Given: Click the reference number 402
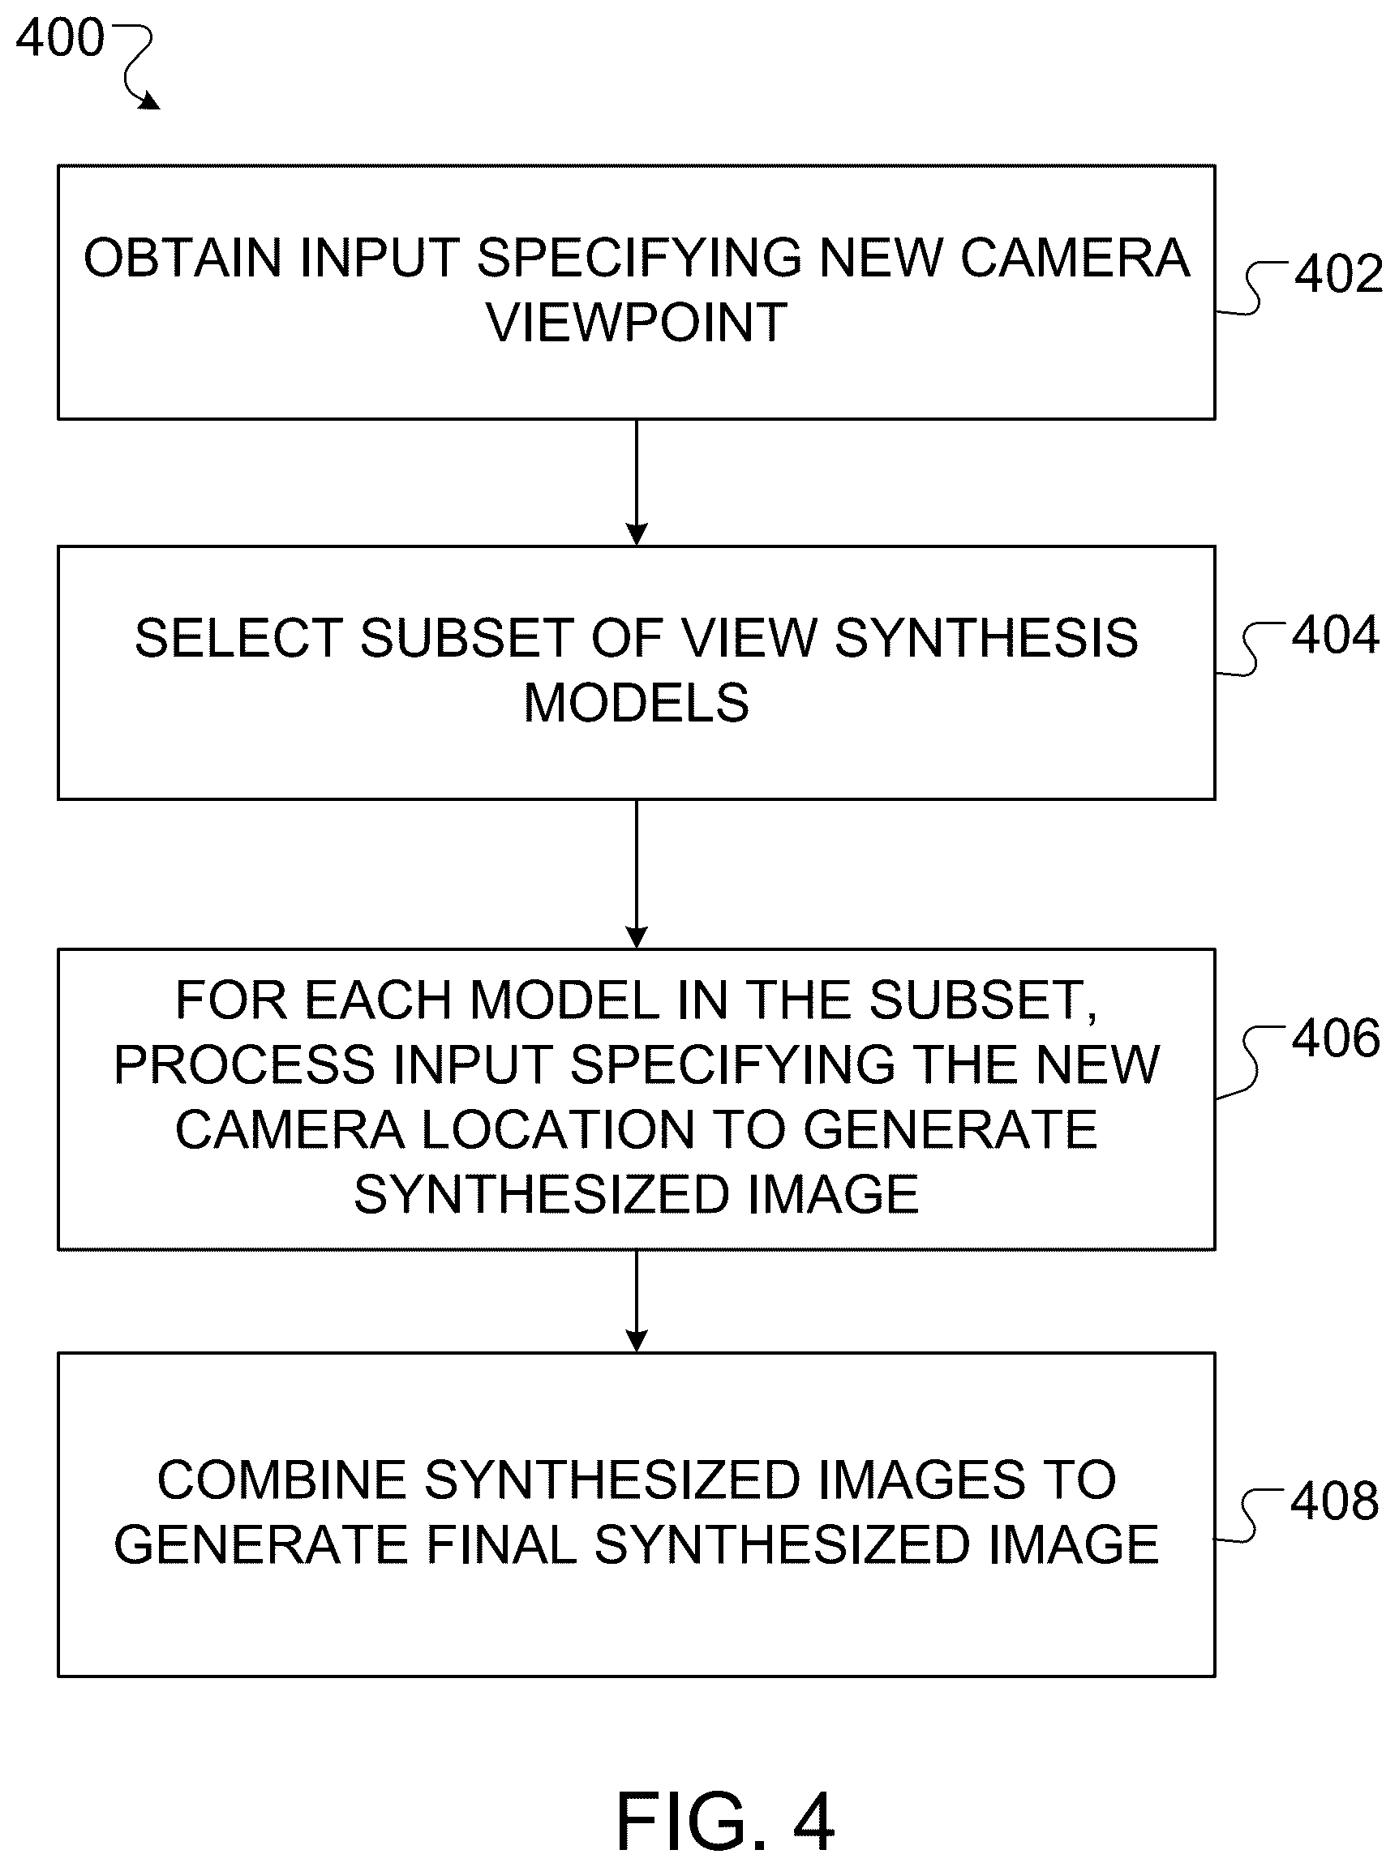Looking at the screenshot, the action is click(x=1338, y=274).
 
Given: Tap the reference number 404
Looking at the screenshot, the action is click(x=1335, y=635).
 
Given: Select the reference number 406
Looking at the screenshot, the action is click(x=1336, y=1038).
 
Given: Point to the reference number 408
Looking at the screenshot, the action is click(x=1334, y=1501).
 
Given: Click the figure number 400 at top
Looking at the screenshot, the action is click(x=60, y=38).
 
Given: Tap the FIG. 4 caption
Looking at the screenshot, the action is click(x=725, y=1822).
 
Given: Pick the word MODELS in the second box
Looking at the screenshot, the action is click(x=637, y=703).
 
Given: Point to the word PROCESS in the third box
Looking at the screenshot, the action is click(x=245, y=1064).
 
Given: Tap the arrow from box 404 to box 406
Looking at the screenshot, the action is click(x=637, y=875).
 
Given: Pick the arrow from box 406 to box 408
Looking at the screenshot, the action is click(x=637, y=1300).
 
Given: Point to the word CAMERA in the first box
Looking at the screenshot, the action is click(x=1075, y=258).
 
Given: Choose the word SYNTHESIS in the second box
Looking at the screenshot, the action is click(x=986, y=638).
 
